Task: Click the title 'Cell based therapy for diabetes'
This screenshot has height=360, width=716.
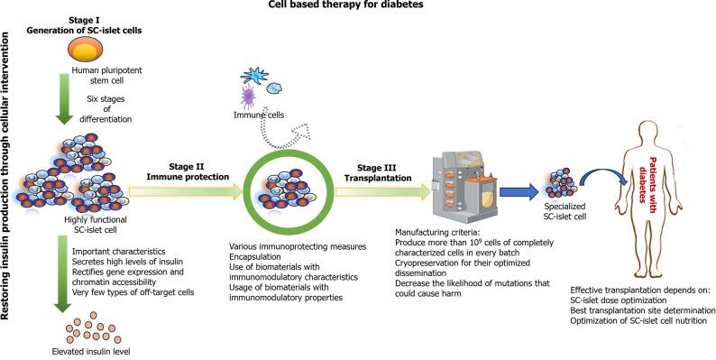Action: pyautogui.click(x=358, y=5)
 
